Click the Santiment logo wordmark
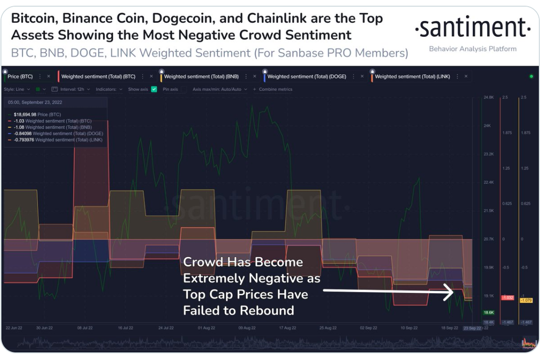click(x=473, y=29)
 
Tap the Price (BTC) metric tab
click(x=20, y=77)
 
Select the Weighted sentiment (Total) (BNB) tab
click(x=201, y=77)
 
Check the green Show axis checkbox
click(x=154, y=89)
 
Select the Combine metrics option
click(x=275, y=89)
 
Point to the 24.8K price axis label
click(x=488, y=97)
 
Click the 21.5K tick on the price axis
click(x=488, y=210)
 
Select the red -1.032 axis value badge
click(x=507, y=298)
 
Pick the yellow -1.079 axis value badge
click(x=526, y=300)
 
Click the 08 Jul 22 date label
click(x=85, y=328)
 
